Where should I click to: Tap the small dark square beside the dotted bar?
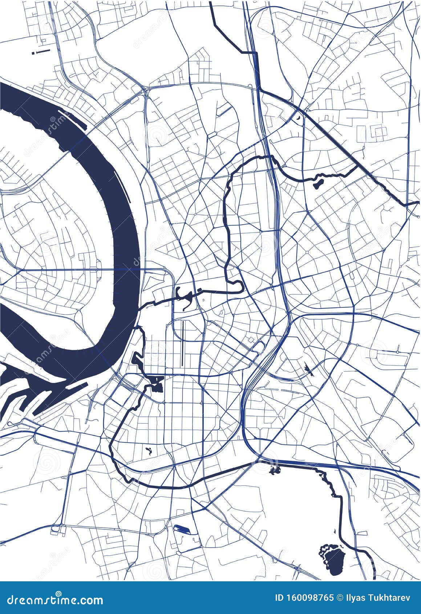coord(33,53)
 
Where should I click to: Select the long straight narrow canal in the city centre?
coord(182,343)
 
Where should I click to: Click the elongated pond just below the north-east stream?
coord(317,181)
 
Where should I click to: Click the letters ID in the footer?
coord(280,598)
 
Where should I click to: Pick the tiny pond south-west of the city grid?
coord(148,452)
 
